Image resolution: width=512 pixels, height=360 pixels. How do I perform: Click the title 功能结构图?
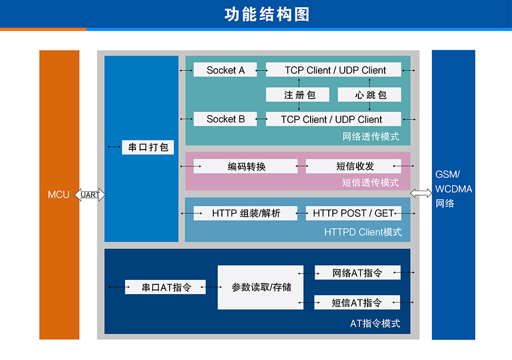(x=267, y=14)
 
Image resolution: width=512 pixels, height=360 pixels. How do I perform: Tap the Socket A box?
(x=225, y=70)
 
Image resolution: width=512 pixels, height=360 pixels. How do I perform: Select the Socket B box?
(x=225, y=119)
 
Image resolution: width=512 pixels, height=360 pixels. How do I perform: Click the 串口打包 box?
(x=148, y=147)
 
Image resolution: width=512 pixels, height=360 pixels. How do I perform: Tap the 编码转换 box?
(x=246, y=166)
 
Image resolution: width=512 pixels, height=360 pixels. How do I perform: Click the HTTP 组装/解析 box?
(x=246, y=213)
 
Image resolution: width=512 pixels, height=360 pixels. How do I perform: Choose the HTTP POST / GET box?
(x=353, y=213)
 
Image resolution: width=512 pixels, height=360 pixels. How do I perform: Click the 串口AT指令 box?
(x=166, y=287)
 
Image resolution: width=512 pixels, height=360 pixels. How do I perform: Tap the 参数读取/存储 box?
(x=261, y=287)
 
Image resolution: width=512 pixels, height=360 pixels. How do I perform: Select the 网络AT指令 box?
(x=357, y=273)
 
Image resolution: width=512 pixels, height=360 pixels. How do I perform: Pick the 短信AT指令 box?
(x=357, y=303)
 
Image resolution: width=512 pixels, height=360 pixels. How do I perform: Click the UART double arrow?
(x=90, y=195)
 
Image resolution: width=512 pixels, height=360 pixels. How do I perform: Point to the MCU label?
(x=59, y=195)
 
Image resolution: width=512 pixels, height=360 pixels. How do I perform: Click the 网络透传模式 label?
(x=370, y=136)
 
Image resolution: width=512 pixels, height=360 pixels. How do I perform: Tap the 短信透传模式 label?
(x=370, y=183)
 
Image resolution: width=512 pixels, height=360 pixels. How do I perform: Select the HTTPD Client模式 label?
(x=362, y=232)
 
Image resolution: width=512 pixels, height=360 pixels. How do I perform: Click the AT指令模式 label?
(x=375, y=324)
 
